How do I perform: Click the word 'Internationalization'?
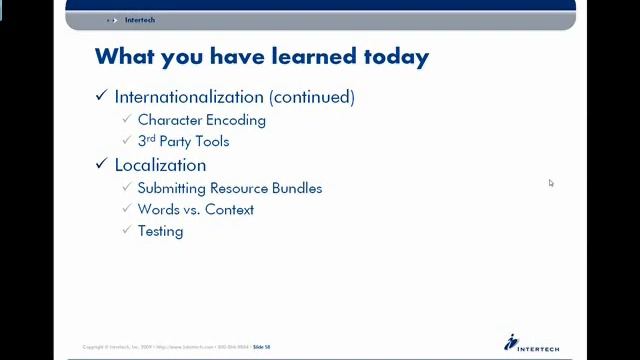point(189,97)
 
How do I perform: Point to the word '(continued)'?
point(311,97)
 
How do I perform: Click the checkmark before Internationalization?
point(101,96)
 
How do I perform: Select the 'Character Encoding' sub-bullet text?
point(201,120)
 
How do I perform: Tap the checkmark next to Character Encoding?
point(127,119)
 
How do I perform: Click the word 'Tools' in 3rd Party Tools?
point(212,142)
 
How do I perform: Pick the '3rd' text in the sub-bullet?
point(146,141)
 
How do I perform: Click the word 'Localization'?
point(160,165)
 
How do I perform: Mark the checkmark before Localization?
point(101,164)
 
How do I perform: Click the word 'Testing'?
point(160,231)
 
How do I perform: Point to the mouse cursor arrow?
point(550,182)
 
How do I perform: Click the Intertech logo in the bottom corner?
point(531,342)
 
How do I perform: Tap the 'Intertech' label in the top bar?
point(140,20)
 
